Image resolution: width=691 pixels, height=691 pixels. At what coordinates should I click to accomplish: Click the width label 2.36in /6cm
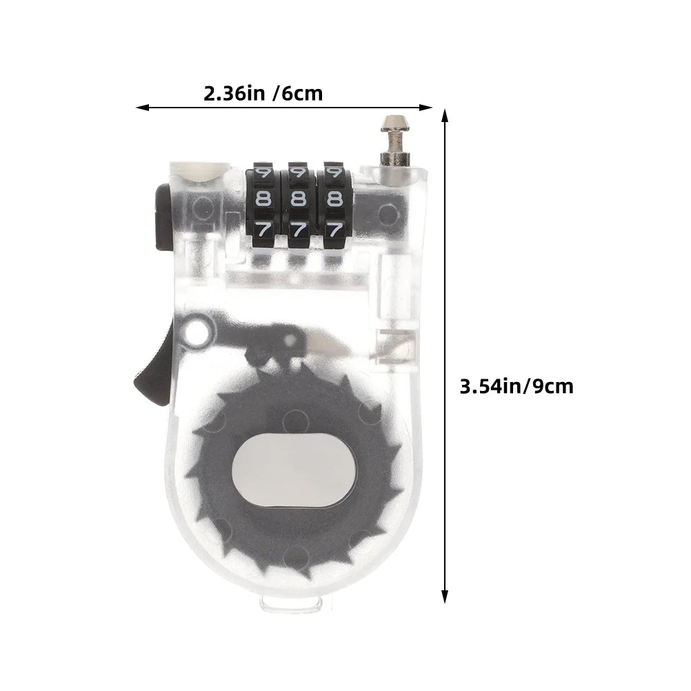coord(263,93)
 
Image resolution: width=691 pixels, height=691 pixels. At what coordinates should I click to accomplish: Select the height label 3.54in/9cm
coord(517,386)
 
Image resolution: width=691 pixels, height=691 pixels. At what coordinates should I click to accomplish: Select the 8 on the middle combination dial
coord(299,199)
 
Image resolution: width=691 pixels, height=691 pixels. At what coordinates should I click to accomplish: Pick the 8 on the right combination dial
coord(334,199)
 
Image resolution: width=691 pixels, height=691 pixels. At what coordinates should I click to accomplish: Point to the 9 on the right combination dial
coord(334,171)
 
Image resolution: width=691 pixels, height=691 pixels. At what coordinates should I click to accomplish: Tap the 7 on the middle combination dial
coord(299,230)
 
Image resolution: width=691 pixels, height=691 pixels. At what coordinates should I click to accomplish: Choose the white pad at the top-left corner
coord(199,170)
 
